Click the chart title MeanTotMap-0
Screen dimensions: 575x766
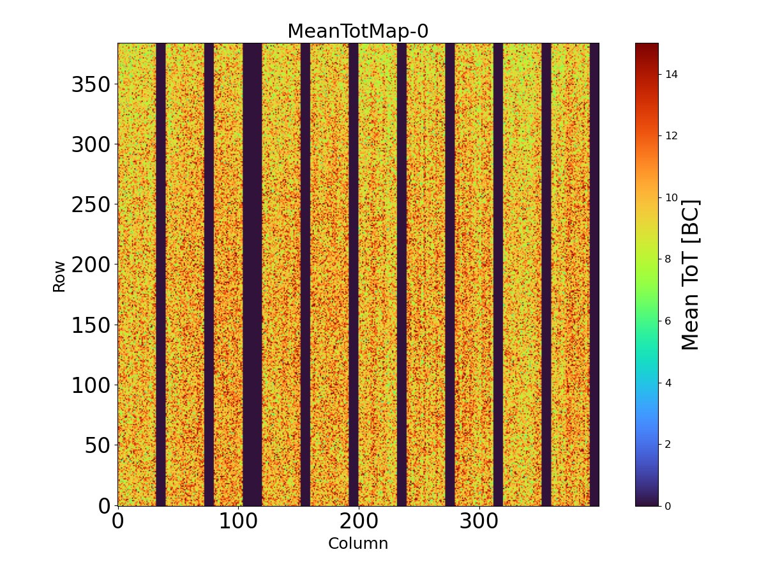pos(357,31)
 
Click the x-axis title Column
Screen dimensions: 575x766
pos(357,544)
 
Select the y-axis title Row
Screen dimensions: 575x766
pos(59,276)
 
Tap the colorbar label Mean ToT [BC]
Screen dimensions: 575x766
pos(691,275)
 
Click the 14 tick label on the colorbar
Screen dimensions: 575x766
pos(671,74)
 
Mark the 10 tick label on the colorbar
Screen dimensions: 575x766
pos(671,197)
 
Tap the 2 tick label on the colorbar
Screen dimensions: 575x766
pos(668,444)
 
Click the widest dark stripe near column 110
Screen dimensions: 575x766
pos(252,275)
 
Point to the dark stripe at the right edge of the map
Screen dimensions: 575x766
pos(594,275)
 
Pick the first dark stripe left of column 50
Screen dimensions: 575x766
pos(161,275)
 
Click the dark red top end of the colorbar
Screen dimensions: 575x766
pos(647,47)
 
